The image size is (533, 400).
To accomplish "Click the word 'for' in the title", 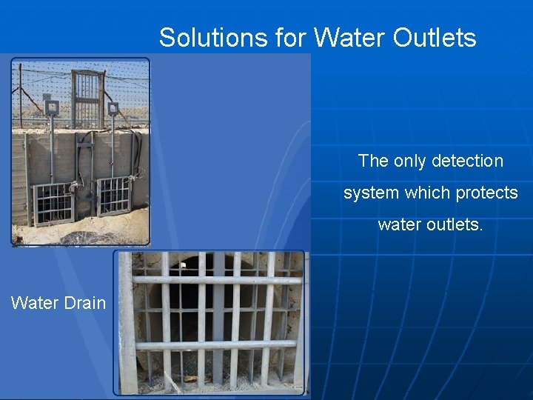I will (x=290, y=37).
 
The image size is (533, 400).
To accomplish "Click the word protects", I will (x=486, y=193).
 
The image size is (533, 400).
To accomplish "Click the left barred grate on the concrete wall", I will (x=53, y=203).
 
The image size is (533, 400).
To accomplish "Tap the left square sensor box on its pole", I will (x=52, y=108).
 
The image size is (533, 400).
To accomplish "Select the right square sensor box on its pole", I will (x=113, y=108).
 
